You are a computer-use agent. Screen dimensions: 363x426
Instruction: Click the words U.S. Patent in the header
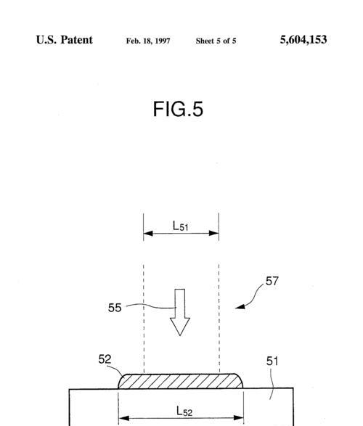[65, 40]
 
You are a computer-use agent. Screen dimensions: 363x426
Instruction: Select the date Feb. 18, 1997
[148, 41]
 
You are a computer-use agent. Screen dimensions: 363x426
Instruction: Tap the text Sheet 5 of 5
[216, 41]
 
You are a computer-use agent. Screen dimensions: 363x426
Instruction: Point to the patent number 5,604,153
[303, 40]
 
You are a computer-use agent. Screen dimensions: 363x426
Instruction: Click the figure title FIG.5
[178, 109]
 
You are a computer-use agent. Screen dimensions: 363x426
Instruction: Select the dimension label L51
[180, 226]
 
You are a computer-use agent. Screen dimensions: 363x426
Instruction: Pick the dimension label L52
[184, 411]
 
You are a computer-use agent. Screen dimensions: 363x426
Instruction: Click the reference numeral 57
[272, 281]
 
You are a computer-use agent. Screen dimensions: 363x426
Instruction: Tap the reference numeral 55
[115, 308]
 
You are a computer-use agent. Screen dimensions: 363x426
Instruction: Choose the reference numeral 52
[105, 359]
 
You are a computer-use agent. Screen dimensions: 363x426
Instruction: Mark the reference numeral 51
[272, 361]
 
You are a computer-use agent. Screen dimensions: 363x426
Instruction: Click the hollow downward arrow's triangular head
[180, 327]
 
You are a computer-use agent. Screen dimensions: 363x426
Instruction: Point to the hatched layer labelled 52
[181, 381]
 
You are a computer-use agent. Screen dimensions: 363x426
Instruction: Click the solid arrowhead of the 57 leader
[240, 307]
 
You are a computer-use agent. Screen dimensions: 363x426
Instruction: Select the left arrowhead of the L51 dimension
[148, 234]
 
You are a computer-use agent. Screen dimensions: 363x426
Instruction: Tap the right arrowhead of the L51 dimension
[214, 234]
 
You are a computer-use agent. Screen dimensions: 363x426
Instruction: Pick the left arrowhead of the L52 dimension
[124, 418]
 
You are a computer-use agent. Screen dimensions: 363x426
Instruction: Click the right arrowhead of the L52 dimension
[238, 418]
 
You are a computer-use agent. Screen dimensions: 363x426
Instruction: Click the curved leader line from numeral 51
[272, 384]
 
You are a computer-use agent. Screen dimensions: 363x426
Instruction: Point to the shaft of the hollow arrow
[180, 303]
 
